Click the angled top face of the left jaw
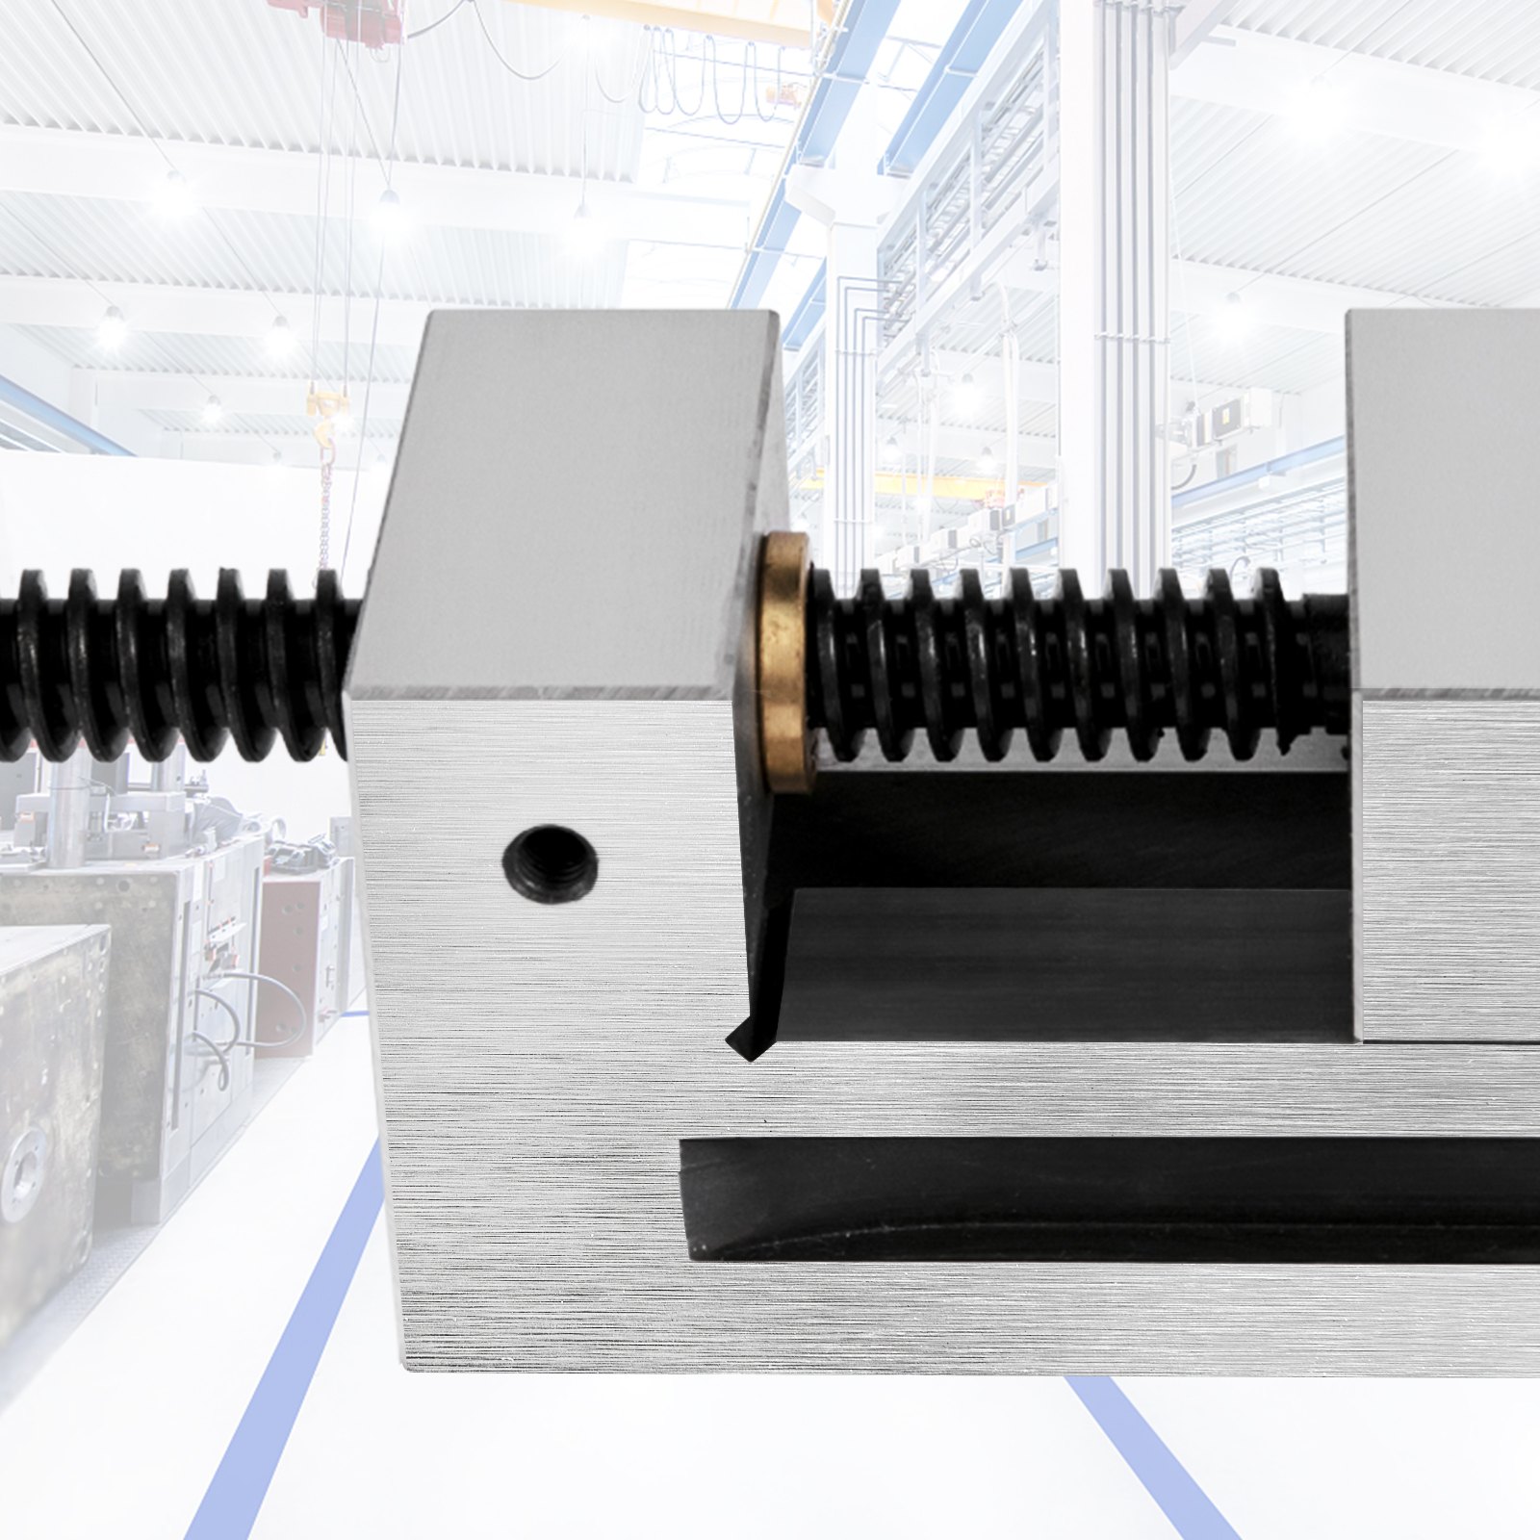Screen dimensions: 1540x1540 point(568,500)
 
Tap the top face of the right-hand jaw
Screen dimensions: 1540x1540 point(1444,500)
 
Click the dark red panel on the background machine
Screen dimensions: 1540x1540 point(289,943)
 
